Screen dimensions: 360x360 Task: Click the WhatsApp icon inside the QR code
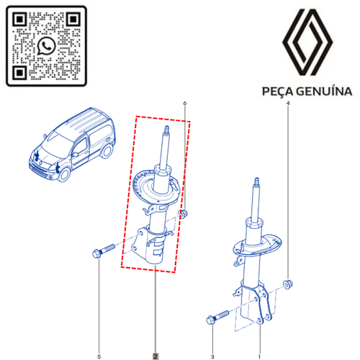46,46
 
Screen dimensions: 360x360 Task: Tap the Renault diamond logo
307,42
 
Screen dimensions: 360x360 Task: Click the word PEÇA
277,91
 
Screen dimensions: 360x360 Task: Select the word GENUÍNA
324,91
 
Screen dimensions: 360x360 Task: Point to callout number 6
184,103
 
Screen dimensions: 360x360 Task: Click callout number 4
288,103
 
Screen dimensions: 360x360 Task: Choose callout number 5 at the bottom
99,356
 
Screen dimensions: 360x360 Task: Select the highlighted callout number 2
156,356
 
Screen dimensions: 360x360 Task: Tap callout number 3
212,356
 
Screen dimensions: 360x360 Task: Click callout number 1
259,356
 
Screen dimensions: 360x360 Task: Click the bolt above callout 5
104,251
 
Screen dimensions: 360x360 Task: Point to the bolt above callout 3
217,318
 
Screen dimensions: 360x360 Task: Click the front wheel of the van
64,174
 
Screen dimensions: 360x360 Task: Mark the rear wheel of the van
107,151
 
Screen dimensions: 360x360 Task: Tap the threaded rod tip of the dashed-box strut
166,130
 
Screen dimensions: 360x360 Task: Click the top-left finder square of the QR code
19,19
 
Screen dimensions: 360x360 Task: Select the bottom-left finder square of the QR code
19,72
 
